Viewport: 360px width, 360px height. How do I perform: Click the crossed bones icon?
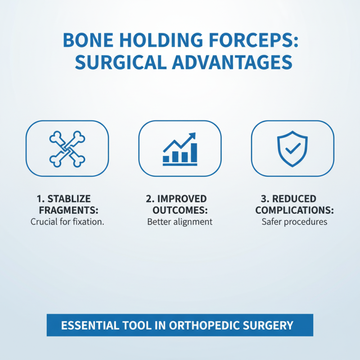67,148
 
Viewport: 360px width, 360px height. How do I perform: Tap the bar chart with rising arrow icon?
180,148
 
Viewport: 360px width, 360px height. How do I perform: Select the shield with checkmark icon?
292,148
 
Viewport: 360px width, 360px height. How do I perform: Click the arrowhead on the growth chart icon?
193,135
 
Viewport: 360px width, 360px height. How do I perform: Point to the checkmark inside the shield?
292,148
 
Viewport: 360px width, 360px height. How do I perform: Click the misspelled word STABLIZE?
72,199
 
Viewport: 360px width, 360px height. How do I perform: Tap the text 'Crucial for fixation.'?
67,222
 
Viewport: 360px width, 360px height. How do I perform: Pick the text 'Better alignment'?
180,222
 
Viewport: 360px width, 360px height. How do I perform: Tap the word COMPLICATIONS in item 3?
292,210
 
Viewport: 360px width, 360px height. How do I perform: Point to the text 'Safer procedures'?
294,222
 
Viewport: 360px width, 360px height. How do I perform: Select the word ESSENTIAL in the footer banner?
83,324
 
